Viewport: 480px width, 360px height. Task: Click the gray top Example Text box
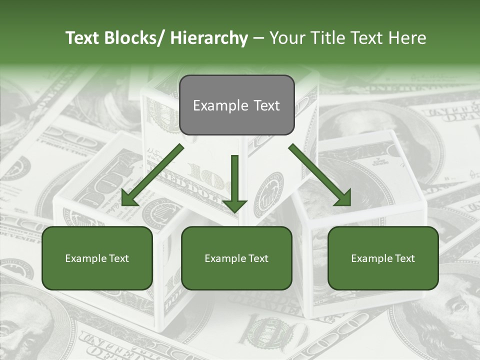coord(236,105)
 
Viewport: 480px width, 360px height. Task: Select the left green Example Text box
coord(97,258)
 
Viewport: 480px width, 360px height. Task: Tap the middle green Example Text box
coord(236,258)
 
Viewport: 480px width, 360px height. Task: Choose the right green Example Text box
coord(383,258)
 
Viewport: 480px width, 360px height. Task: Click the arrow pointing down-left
coord(152,175)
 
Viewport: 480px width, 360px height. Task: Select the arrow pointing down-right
coord(320,175)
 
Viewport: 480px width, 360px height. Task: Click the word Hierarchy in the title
coord(208,38)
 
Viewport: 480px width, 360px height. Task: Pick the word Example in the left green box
coord(86,258)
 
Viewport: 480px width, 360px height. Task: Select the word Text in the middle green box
coord(257,258)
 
